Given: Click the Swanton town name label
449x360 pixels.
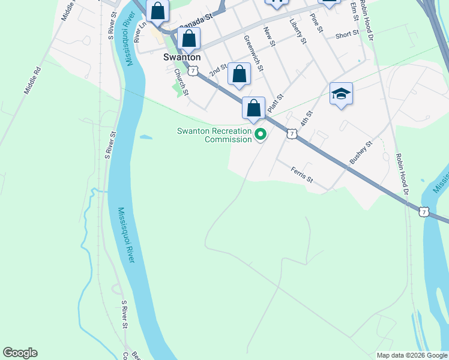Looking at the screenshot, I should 181,58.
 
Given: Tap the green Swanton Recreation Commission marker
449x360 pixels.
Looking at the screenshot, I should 260,135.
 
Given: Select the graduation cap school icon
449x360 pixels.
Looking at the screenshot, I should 341,94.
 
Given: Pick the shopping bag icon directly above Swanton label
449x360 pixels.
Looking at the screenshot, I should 188,39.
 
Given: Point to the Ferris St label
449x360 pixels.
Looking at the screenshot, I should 302,175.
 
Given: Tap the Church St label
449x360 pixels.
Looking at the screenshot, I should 181,82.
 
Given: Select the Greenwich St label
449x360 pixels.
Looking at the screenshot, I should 253,52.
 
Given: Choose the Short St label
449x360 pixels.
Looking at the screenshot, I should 346,35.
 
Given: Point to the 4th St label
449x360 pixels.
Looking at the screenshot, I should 307,118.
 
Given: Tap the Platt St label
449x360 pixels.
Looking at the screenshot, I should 275,102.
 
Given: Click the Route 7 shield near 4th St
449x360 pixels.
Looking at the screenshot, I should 291,134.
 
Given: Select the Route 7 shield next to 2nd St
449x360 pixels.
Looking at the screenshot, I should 192,71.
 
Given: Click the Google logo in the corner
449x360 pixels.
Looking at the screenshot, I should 20,353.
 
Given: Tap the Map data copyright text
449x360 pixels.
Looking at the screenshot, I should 412,355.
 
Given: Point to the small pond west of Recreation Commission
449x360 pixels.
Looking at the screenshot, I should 146,137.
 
